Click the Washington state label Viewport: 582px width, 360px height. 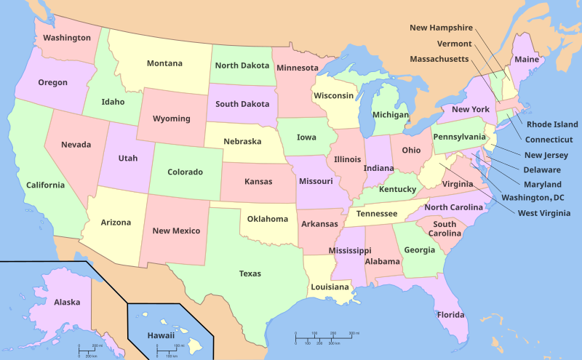pos(66,37)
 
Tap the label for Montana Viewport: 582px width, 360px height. pos(164,63)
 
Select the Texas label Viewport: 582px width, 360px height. pos(250,273)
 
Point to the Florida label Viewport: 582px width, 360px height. pos(450,315)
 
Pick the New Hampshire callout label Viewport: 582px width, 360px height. pos(441,28)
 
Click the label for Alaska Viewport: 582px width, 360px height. pos(67,302)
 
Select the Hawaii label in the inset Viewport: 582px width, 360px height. pos(161,335)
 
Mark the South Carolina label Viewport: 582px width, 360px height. pos(445,228)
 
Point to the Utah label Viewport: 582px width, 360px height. pos(127,158)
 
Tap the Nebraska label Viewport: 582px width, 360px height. pos(242,141)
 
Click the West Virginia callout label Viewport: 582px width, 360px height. pos(549,213)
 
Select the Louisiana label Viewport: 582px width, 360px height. pos(330,287)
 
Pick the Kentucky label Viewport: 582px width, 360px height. pos(397,189)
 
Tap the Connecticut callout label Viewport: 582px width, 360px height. pos(549,139)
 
